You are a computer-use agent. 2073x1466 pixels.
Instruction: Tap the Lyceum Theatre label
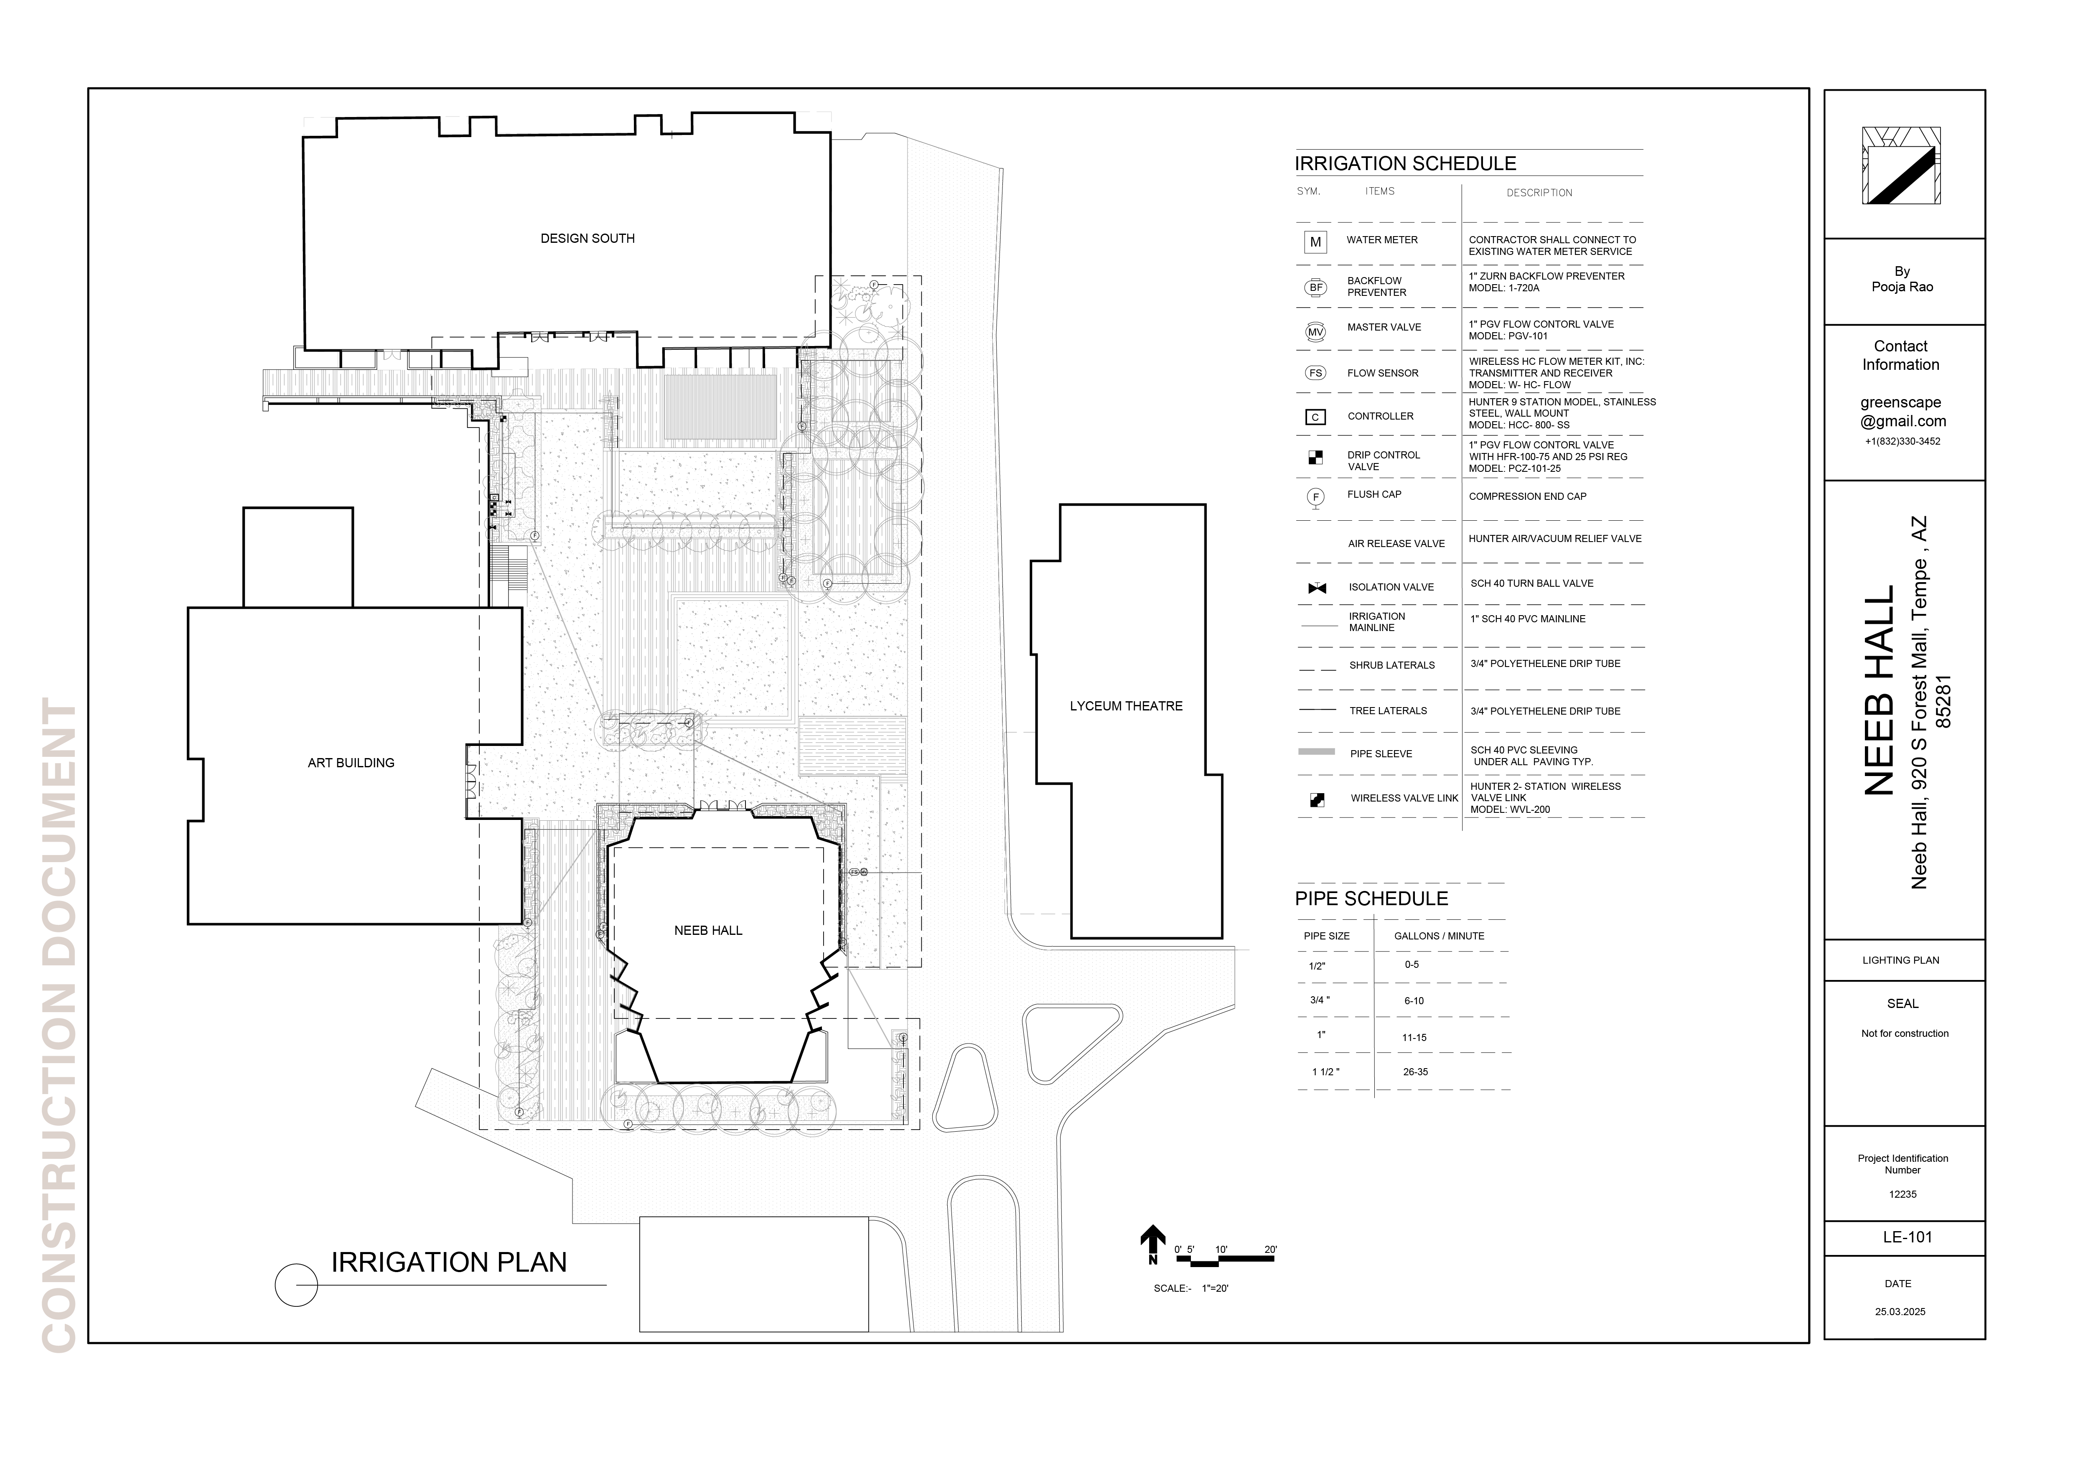pyautogui.click(x=1126, y=706)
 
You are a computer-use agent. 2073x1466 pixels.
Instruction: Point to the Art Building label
pyautogui.click(x=351, y=763)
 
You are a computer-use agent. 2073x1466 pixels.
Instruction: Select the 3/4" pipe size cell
pyautogui.click(x=1320, y=1000)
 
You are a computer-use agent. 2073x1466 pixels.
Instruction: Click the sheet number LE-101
pyautogui.click(x=1907, y=1237)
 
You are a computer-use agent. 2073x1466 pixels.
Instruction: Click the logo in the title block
pyautogui.click(x=1901, y=166)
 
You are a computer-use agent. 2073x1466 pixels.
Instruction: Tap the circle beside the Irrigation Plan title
pyautogui.click(x=296, y=1284)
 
